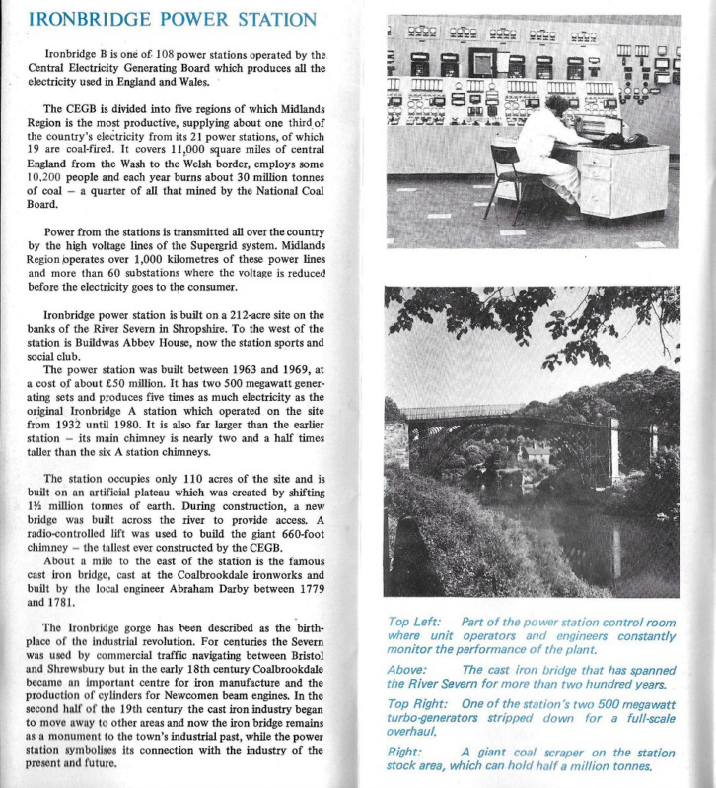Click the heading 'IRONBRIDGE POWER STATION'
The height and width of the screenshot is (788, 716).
[173, 21]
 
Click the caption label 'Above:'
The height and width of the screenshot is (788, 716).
[406, 669]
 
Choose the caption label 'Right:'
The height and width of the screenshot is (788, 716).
[403, 750]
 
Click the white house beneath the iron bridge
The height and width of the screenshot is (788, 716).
[536, 453]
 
